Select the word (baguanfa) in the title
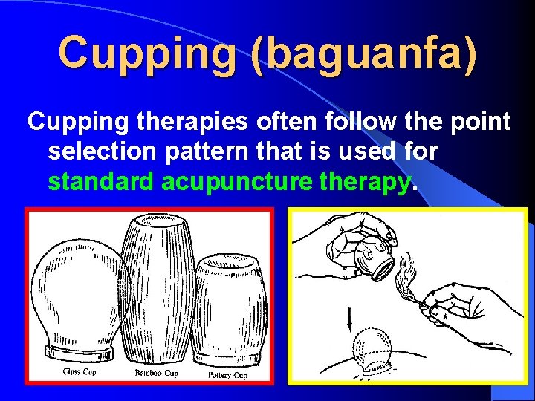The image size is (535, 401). (365, 54)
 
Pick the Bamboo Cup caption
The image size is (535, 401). (155, 372)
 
